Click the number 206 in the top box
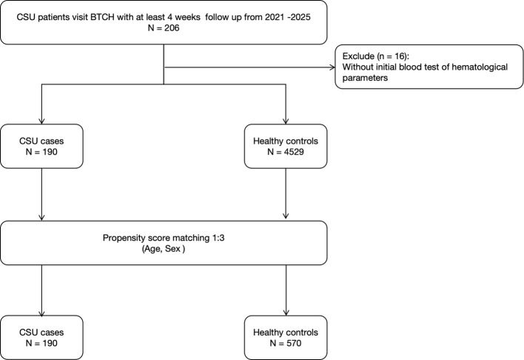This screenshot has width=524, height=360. coord(172,27)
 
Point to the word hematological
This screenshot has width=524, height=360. coord(480,67)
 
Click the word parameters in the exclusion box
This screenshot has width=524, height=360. coord(365,79)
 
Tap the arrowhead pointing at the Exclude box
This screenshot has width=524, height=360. coord(332,67)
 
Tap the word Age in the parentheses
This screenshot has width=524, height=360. coord(152,249)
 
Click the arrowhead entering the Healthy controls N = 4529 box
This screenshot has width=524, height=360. coord(286,121)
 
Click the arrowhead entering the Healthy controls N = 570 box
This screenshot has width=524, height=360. coord(286,313)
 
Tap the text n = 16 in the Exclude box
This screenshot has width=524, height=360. coord(389,56)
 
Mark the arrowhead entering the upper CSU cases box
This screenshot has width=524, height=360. coord(41,121)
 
